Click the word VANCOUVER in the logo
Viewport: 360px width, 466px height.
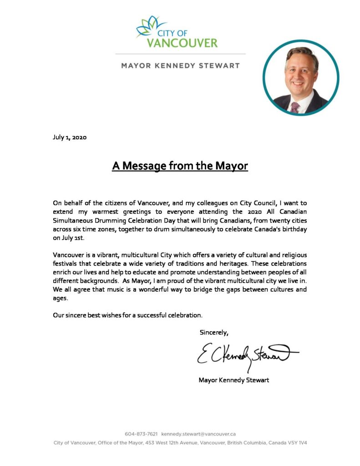182,43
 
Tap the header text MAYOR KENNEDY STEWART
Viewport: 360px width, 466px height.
180,66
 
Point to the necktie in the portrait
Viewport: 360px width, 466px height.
295,107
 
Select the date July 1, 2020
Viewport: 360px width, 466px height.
70,137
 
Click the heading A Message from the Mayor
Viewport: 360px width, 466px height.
180,166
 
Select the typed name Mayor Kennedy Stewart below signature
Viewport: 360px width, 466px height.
233,380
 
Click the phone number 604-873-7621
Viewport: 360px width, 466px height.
141,434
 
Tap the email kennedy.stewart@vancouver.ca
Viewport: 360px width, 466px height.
198,434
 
